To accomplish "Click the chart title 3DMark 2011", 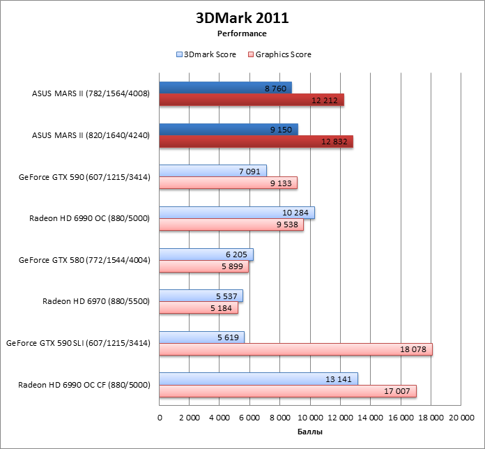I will [x=242, y=18].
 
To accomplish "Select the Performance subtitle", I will [x=242, y=33].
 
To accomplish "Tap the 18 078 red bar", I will [x=295, y=349].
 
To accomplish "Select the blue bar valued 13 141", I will [x=258, y=379].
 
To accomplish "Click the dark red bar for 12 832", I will [x=256, y=142].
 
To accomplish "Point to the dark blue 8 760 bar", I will [x=225, y=88].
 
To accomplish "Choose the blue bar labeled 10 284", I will [x=237, y=213].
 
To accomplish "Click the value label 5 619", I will [x=226, y=337].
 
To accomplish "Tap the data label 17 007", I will [x=398, y=391].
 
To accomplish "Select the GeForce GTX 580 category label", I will [x=84, y=260].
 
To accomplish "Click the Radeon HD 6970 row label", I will [x=96, y=301].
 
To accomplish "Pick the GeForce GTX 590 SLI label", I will [x=78, y=343].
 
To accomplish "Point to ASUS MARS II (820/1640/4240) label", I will [x=91, y=135].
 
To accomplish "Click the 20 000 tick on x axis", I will [x=461, y=418].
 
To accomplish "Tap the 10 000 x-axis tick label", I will [x=310, y=418].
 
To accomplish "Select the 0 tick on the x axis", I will [x=160, y=418].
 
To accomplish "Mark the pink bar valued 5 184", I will [x=199, y=307].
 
